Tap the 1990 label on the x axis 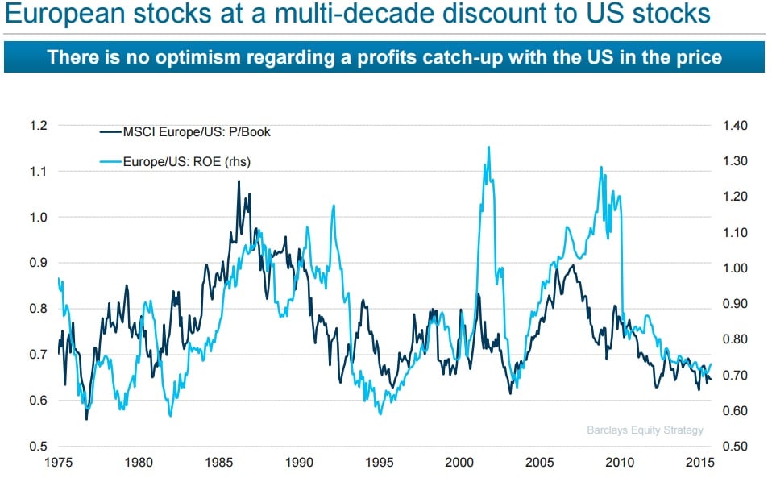pyautogui.click(x=300, y=463)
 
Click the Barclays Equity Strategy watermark pyautogui.click(x=645, y=430)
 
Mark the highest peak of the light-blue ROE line pyautogui.click(x=489, y=147)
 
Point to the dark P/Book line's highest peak pyautogui.click(x=239, y=181)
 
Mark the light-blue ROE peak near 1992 pyautogui.click(x=334, y=206)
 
